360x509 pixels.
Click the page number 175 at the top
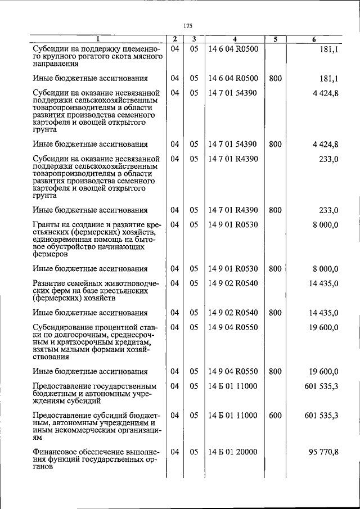[188, 25]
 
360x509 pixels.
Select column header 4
[235, 39]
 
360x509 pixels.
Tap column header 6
[314, 39]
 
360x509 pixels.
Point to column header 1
[97, 39]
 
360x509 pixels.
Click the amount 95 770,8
[321, 452]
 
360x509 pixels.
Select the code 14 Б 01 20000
[232, 452]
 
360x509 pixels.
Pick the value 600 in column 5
[275, 416]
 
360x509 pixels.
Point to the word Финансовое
[56, 452]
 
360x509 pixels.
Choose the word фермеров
[49, 254]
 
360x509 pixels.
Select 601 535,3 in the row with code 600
[321, 416]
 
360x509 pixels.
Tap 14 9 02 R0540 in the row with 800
[232, 313]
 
